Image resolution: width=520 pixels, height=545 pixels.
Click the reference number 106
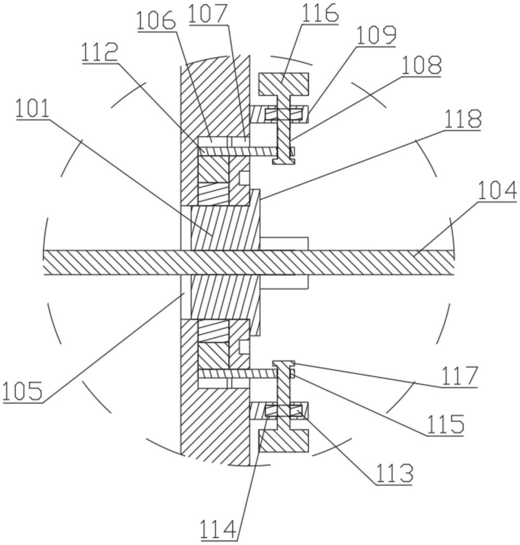(156, 20)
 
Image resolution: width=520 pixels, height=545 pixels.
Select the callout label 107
(208, 14)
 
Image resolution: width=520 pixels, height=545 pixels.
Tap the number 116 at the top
(320, 14)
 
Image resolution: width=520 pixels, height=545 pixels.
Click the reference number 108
(421, 65)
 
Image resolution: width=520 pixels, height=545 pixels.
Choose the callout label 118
(462, 119)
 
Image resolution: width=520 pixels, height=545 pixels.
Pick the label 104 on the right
(497, 191)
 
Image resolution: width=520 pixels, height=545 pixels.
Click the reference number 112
(100, 53)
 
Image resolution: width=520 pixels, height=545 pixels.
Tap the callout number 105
(22, 391)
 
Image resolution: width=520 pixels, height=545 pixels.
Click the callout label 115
(445, 425)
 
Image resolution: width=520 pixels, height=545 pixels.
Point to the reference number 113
(394, 473)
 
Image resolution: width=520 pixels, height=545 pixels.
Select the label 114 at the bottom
(219, 530)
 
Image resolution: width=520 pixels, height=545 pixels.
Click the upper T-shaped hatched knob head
(283, 84)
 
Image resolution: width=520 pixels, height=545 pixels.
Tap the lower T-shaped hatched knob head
(283, 441)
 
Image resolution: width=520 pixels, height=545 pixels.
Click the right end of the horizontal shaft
(453, 263)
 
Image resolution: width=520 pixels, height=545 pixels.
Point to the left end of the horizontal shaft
(45, 263)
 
